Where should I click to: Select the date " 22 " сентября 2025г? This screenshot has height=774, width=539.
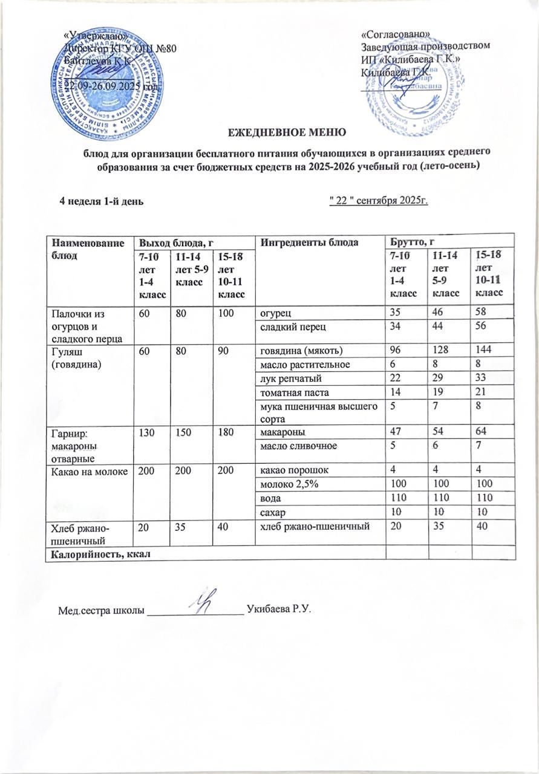(x=378, y=201)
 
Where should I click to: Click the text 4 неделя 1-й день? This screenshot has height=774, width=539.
(x=101, y=201)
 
